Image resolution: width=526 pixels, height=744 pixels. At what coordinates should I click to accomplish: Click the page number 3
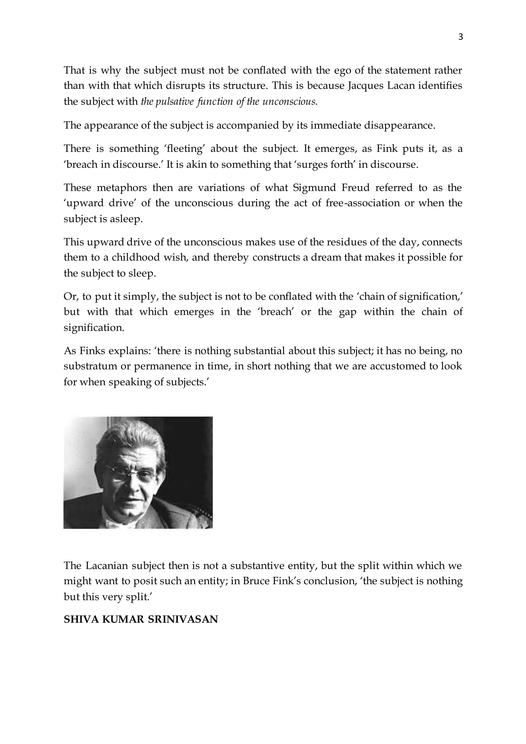tap(461, 37)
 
